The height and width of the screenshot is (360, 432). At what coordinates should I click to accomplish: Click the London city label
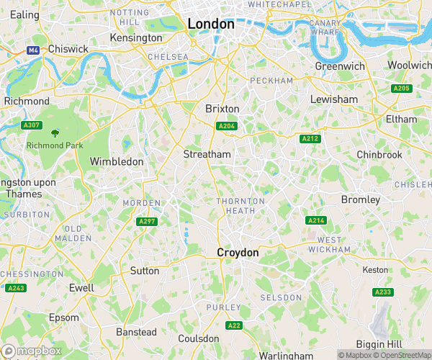tap(211, 24)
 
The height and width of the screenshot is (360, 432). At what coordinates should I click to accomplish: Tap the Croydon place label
tap(238, 253)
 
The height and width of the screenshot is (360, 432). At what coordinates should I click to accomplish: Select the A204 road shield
tap(227, 127)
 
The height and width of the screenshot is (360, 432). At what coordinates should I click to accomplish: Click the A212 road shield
tap(310, 138)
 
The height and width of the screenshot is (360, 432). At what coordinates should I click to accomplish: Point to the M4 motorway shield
tap(33, 50)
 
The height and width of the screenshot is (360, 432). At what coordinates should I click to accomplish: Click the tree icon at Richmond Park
tap(55, 133)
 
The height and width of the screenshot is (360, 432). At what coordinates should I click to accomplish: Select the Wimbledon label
tap(117, 162)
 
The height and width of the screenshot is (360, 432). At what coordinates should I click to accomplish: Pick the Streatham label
tap(207, 154)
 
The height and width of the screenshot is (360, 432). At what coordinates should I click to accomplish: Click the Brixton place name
tap(222, 108)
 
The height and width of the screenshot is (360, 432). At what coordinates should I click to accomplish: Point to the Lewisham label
tap(333, 99)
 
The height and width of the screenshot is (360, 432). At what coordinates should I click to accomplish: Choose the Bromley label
tap(361, 199)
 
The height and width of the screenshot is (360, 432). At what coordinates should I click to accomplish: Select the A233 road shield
tap(382, 292)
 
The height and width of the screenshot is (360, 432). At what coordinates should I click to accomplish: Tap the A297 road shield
tap(148, 221)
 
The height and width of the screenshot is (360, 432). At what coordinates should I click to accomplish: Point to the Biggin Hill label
tap(382, 343)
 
